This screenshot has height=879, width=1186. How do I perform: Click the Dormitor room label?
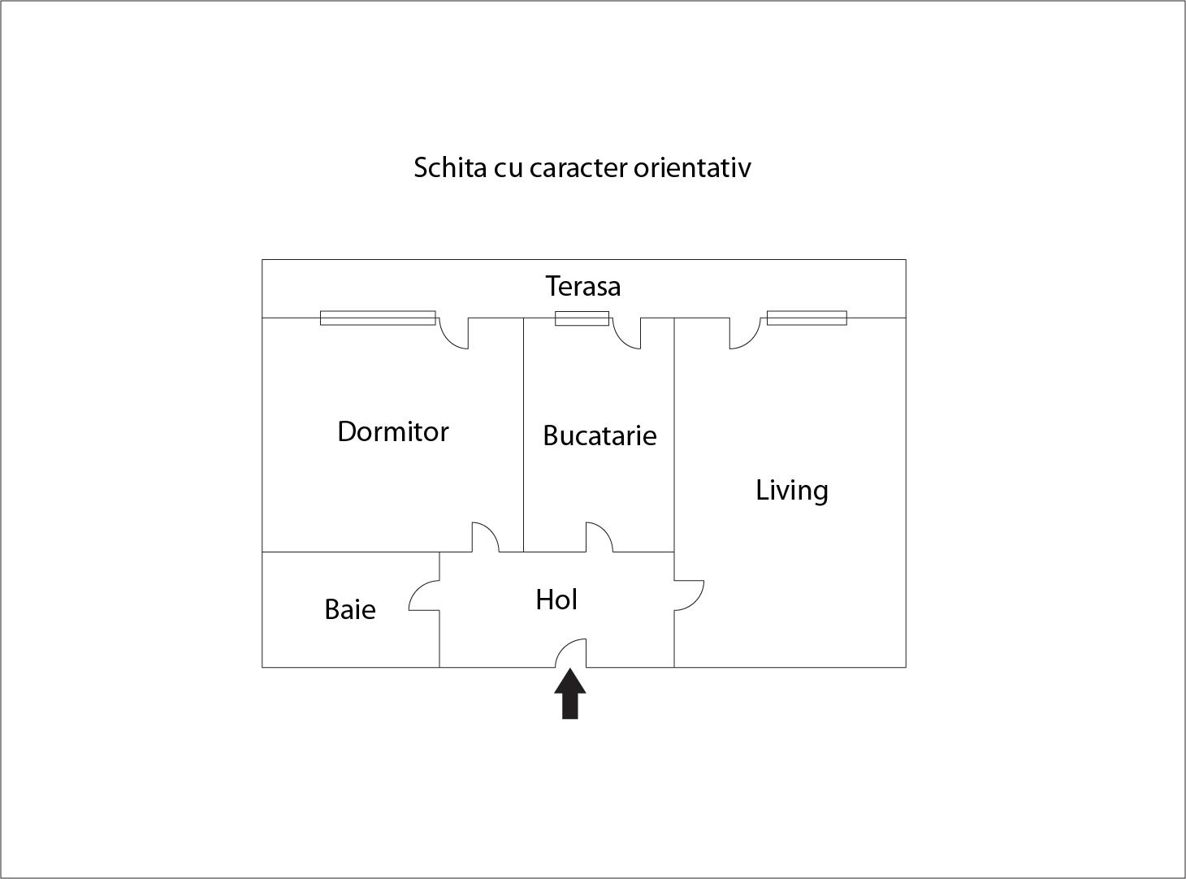tap(392, 431)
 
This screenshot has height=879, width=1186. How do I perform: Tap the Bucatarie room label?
tap(599, 435)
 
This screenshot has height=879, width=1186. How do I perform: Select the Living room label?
tap(791, 491)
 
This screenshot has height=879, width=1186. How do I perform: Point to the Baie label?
tap(349, 609)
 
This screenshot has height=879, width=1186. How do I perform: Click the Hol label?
tap(556, 600)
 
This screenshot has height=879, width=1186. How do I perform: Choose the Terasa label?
tap(582, 286)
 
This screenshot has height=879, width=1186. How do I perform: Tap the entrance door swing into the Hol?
tap(573, 653)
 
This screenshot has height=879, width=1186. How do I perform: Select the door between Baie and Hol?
tap(424, 595)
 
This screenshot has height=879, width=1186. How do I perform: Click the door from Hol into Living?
tap(688, 595)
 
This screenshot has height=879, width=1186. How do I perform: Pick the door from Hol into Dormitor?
tap(485, 537)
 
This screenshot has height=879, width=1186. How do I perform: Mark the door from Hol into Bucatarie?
tap(599, 537)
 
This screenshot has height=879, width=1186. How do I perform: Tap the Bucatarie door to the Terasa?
tap(627, 332)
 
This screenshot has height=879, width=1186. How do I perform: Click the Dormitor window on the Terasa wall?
tap(378, 318)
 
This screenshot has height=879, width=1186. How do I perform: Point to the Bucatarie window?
tap(582, 318)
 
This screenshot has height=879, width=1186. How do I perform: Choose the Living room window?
tap(807, 318)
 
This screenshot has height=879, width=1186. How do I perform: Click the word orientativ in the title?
tap(692, 167)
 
